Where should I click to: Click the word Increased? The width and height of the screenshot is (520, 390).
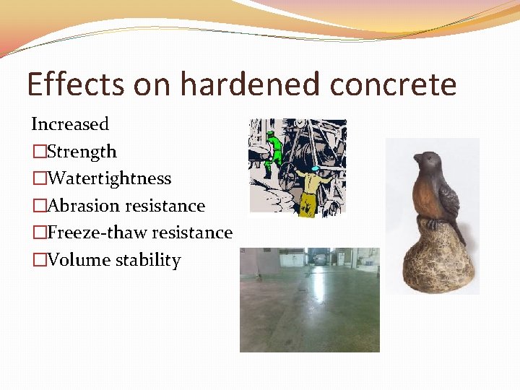coord(70,124)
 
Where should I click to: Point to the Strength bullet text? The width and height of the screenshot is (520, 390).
coord(82,152)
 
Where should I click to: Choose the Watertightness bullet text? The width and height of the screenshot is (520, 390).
coord(109,178)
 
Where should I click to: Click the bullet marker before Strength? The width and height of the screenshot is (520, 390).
coord(38,152)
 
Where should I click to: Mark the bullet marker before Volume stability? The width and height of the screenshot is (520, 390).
coord(38,260)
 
